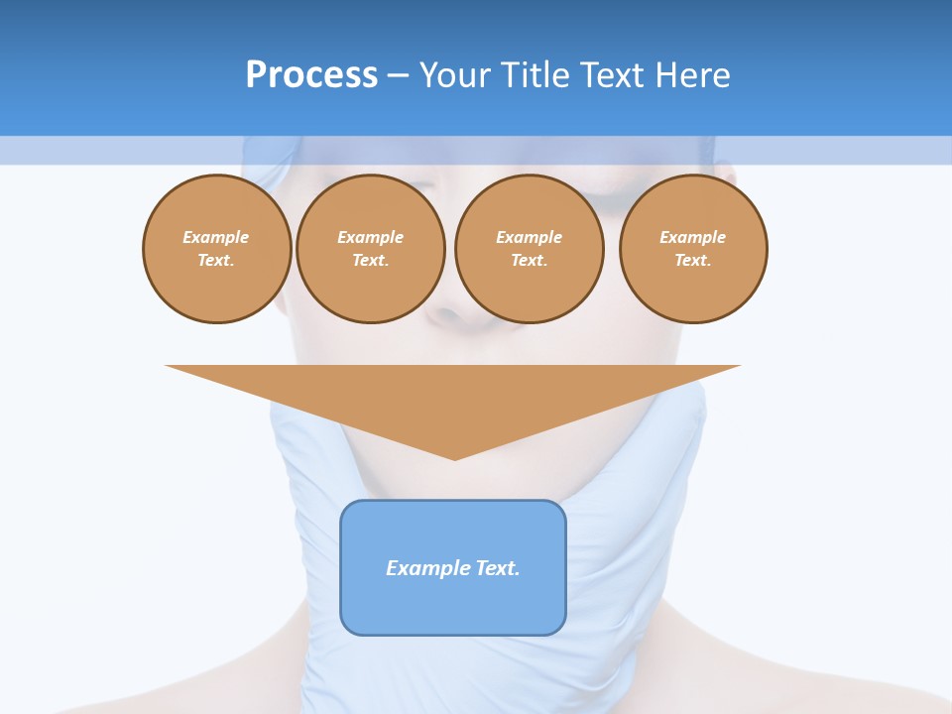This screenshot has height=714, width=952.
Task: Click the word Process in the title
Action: point(311,75)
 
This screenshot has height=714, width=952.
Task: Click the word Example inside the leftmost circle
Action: point(216,237)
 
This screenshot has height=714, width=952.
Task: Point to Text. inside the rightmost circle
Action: point(693,260)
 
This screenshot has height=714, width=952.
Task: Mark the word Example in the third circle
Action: point(529,237)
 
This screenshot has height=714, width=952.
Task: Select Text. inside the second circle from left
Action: point(370,260)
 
